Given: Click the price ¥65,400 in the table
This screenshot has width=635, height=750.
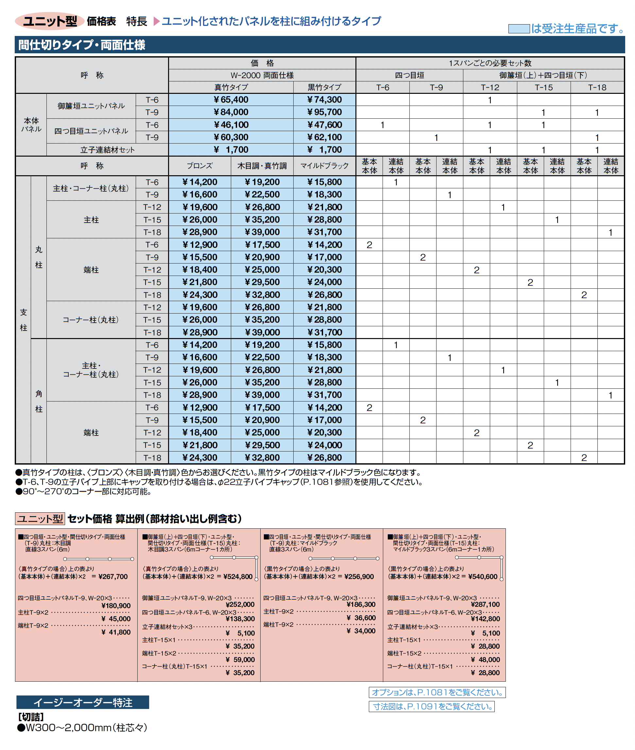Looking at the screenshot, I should pyautogui.click(x=231, y=100).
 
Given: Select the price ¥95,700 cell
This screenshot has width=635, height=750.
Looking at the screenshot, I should pyautogui.click(x=324, y=112).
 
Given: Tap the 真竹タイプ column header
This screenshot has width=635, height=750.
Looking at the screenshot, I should pyautogui.click(x=231, y=87).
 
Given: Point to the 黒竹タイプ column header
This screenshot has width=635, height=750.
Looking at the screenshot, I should pyautogui.click(x=324, y=87).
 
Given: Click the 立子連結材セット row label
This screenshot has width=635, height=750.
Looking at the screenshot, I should pyautogui.click(x=107, y=150).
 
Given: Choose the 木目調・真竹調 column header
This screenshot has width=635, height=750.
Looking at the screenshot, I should pyautogui.click(x=262, y=165).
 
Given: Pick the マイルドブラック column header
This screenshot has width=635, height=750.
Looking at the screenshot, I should pyautogui.click(x=324, y=165).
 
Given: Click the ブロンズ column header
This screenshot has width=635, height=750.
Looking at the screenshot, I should pyautogui.click(x=199, y=165).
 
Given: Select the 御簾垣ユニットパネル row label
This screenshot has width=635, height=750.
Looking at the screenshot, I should pyautogui.click(x=91, y=106).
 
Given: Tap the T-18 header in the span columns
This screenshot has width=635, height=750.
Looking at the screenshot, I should pyautogui.click(x=597, y=87).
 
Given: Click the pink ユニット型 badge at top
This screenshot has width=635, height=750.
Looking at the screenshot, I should pyautogui.click(x=50, y=21).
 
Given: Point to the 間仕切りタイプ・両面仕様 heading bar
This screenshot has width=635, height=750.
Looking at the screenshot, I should pyautogui.click(x=319, y=45).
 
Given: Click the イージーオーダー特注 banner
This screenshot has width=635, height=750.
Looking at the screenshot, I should pyautogui.click(x=82, y=703).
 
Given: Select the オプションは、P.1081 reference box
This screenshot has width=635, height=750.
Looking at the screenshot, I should pyautogui.click(x=437, y=692).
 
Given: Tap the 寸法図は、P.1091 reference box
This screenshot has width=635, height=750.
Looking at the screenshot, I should pyautogui.click(x=432, y=707).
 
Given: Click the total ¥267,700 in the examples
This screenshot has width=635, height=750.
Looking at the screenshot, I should pyautogui.click(x=113, y=576).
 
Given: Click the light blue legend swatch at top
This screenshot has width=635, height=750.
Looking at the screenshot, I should pyautogui.click(x=518, y=28).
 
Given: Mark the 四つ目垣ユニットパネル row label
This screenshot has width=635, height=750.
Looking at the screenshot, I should pyautogui.click(x=91, y=131).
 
